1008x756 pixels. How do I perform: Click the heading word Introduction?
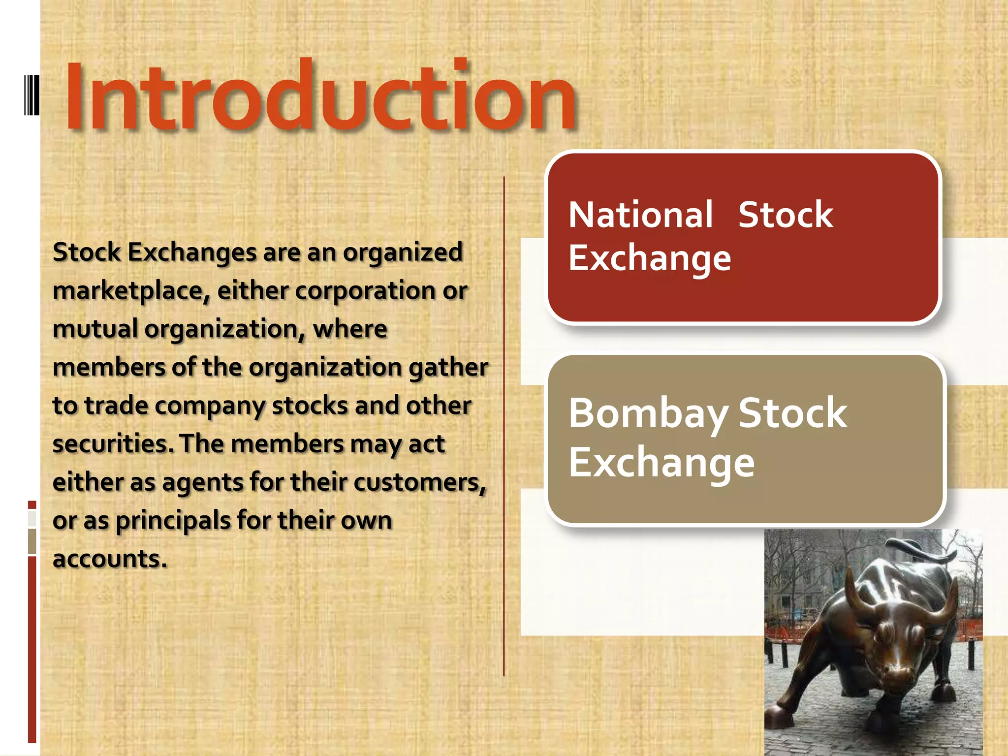[320, 96]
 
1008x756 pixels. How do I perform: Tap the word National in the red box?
[640, 215]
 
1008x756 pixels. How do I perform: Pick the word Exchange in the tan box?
[661, 463]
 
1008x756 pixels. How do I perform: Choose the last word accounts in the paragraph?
[110, 559]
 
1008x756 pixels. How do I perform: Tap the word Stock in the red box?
[785, 215]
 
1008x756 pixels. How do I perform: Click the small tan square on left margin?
[32, 541]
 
